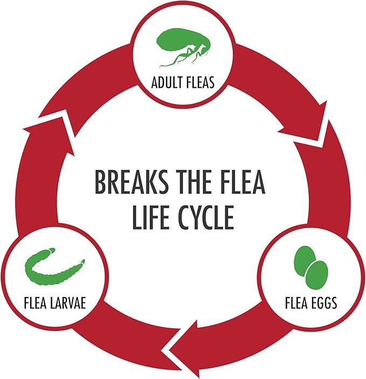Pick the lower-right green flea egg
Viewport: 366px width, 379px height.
[317, 275]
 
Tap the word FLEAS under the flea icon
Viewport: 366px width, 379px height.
[199, 82]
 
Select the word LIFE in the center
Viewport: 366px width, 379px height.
[150, 217]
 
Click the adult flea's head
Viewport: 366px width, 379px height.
[205, 50]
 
